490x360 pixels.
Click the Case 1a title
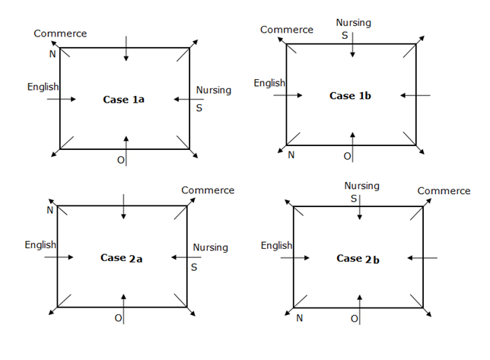pos(124,100)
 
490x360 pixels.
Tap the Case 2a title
pos(122,258)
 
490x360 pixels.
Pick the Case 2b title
pos(358,259)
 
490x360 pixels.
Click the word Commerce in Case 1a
pos(60,33)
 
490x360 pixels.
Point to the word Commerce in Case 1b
pos(287,30)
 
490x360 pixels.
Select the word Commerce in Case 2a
pos(208,190)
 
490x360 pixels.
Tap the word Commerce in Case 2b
pos(444,191)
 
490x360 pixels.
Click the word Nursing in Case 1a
pos(214,90)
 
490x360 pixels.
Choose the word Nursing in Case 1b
pos(354,23)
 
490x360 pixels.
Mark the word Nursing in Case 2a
pos(211,247)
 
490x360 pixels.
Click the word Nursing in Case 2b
pos(361,186)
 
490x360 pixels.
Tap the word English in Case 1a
pos(43,87)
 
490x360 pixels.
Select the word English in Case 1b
pos(269,83)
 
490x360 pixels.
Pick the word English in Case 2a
pos(40,245)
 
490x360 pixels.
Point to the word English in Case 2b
pos(277,246)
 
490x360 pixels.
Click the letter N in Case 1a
pos(52,53)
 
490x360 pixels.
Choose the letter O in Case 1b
pos(347,156)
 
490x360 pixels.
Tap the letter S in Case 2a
pos(194,267)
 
